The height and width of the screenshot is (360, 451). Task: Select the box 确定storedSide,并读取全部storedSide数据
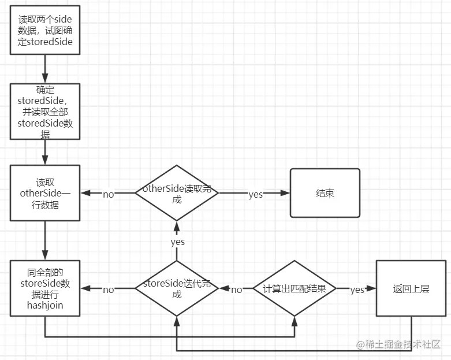click(x=45, y=112)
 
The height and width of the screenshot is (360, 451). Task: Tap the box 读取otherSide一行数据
click(x=45, y=193)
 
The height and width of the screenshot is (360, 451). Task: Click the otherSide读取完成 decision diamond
click(x=177, y=193)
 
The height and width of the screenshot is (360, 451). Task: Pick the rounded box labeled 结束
click(x=325, y=193)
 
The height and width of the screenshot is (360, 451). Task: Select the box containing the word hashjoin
click(x=45, y=288)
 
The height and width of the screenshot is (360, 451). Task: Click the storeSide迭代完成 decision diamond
click(x=177, y=288)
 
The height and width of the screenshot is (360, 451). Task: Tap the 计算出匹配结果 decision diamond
click(x=295, y=288)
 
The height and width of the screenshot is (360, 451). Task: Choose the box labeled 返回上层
click(x=411, y=288)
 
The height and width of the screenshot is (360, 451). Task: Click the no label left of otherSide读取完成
click(x=109, y=194)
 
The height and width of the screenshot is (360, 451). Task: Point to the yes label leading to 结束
click(x=255, y=194)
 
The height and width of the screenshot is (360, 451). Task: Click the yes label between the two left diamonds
click(x=177, y=242)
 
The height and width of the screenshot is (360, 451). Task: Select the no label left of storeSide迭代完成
click(x=109, y=290)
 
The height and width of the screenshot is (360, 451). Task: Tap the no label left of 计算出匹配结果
click(x=236, y=290)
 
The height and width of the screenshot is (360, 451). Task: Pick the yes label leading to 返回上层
click(x=357, y=290)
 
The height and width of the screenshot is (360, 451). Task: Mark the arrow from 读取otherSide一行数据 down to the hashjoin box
click(x=45, y=240)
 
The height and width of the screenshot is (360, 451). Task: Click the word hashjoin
click(x=45, y=305)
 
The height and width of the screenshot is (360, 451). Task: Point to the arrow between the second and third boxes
click(x=45, y=152)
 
